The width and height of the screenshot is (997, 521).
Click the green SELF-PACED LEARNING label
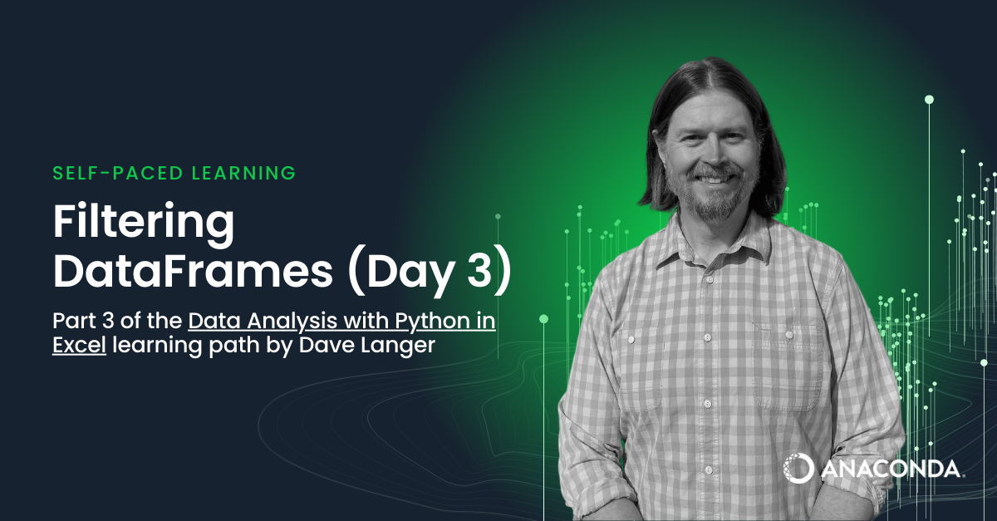click(x=174, y=173)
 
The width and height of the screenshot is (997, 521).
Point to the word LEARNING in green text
click(x=244, y=173)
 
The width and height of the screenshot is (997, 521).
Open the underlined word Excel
click(x=79, y=345)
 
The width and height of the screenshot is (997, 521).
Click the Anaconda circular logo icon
click(x=798, y=468)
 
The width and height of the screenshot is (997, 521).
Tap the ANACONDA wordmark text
click(x=891, y=469)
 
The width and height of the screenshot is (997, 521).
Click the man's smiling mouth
click(x=714, y=179)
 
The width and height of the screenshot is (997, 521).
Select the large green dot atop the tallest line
click(x=930, y=100)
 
